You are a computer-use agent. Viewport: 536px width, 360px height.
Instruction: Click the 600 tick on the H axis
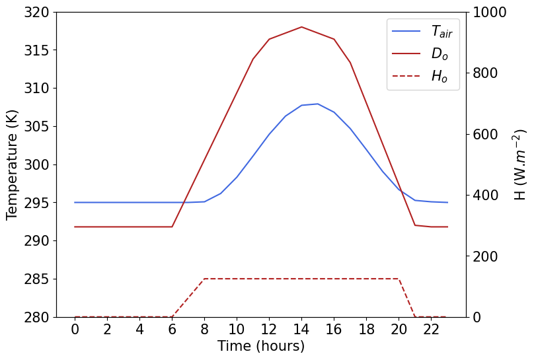[x=486, y=135]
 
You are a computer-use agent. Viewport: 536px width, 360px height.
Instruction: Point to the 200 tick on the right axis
[x=486, y=256]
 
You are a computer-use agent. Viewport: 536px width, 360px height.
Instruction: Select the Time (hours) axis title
[x=261, y=346]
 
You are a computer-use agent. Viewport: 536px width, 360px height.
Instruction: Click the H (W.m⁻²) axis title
[x=519, y=164]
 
